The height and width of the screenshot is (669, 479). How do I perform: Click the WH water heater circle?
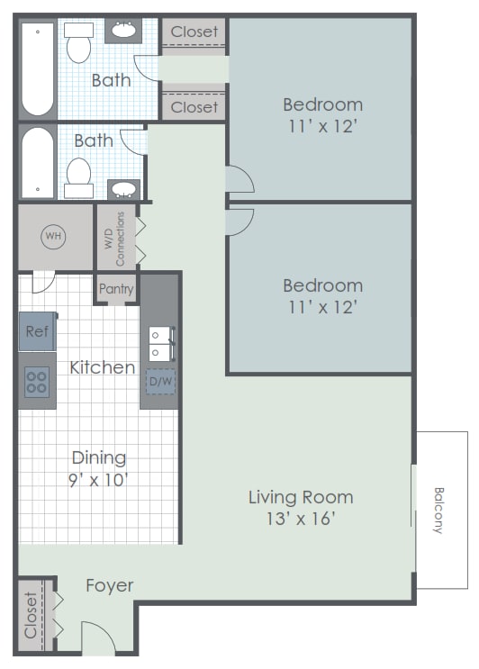point(54,237)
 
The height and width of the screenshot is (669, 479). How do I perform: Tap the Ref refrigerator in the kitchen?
point(37,331)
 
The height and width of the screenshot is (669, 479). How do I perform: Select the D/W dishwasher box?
point(159,382)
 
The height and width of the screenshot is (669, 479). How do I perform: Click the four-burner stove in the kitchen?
point(37,382)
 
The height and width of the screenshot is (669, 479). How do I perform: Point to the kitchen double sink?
point(159,343)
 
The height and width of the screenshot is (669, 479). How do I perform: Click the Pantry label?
point(116,290)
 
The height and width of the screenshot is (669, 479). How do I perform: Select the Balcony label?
point(439,511)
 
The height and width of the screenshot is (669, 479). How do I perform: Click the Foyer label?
point(109,586)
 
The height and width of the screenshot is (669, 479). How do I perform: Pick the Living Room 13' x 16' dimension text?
point(301,519)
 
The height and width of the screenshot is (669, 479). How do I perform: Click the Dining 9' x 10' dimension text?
point(99,479)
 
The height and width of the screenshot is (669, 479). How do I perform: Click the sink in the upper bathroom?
point(123,32)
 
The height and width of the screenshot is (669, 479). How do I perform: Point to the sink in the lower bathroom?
point(123,190)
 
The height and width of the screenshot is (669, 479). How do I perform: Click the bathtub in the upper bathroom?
point(38,69)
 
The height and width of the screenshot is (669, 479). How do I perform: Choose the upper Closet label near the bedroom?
point(194,32)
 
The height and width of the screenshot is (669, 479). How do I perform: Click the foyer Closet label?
point(32,615)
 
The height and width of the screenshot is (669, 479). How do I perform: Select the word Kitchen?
point(102,367)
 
